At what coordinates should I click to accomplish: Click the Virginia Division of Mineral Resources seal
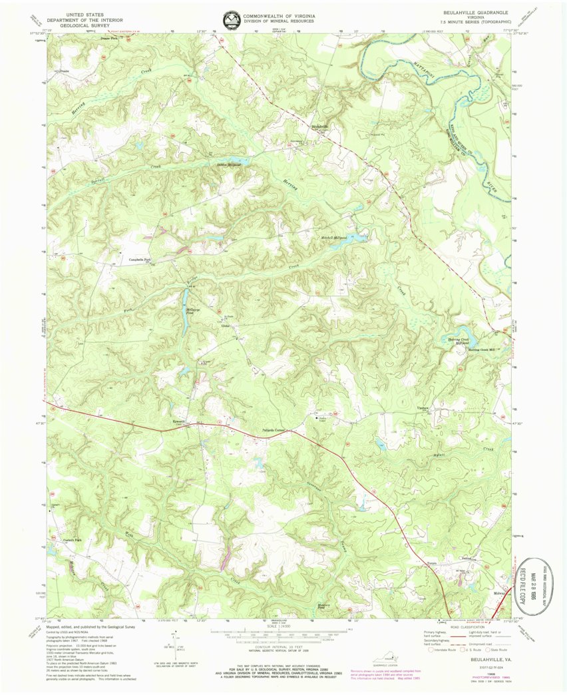232,19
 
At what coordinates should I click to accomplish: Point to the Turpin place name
431,563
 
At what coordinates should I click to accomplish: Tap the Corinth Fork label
63,540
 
